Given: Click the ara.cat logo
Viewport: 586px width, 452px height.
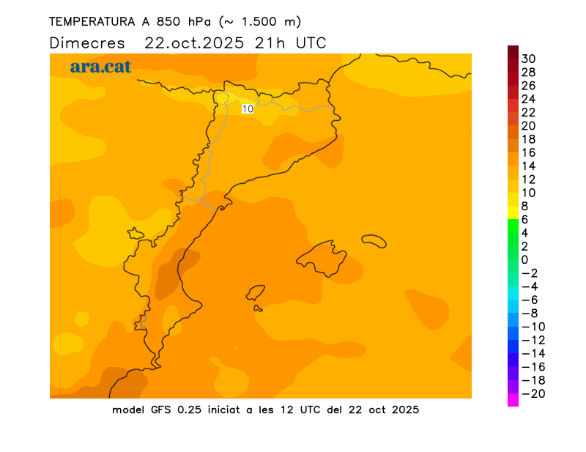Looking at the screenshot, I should click(x=100, y=67).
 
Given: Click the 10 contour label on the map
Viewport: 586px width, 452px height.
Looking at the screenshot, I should click(x=248, y=108).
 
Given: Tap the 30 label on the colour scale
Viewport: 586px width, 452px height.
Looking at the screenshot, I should click(x=528, y=59).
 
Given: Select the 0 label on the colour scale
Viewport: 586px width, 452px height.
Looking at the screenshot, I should click(x=524, y=259).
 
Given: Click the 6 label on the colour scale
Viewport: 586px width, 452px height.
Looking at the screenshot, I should click(x=524, y=220).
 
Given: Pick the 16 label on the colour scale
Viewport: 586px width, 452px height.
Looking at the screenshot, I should click(x=528, y=152).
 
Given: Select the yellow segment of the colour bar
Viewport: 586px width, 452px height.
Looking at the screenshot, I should click(x=513, y=212).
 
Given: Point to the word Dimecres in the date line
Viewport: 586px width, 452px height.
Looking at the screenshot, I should click(x=87, y=42).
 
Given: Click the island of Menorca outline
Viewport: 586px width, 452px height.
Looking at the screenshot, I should click(x=374, y=240).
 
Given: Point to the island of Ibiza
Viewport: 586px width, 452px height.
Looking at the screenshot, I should click(x=256, y=294).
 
